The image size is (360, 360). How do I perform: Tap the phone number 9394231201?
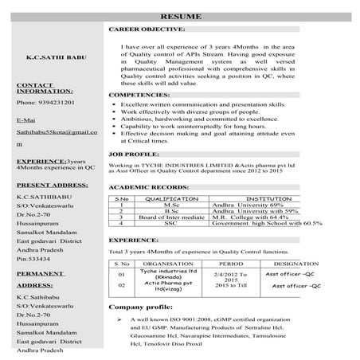click(x=45, y=104)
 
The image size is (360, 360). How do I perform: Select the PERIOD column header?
click(x=231, y=263)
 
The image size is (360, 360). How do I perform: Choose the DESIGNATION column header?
click(x=298, y=263)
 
